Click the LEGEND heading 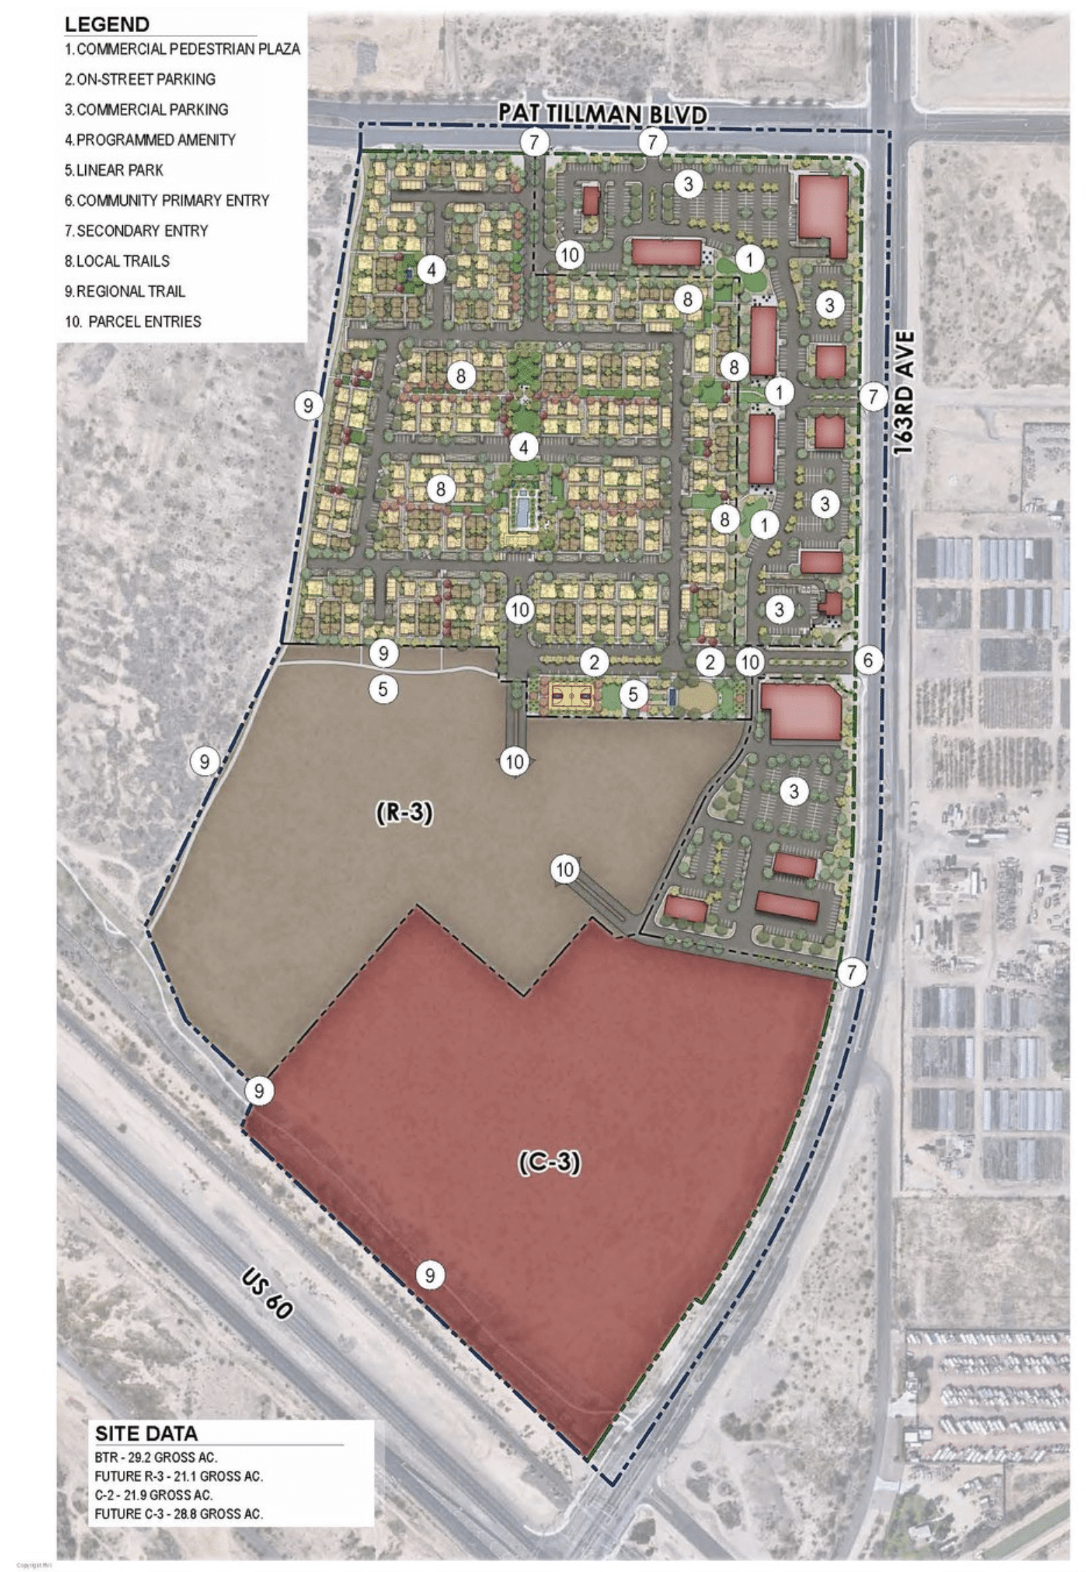point(107,24)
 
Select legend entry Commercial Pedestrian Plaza point(182,50)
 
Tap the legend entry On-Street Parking point(140,80)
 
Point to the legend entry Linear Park point(114,170)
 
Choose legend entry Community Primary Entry point(167,200)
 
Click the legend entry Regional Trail point(125,291)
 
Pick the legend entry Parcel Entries point(133,322)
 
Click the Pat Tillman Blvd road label point(601,114)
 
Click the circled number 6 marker point(868,660)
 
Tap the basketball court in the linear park point(572,695)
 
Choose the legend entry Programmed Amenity point(151,140)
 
